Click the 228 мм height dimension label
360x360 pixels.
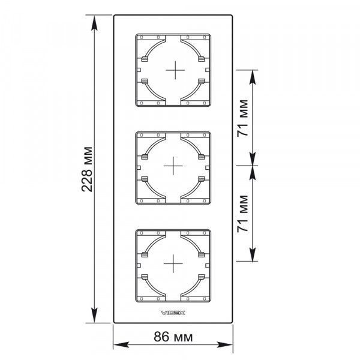(x=87, y=169)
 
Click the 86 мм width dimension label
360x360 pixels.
(x=173, y=337)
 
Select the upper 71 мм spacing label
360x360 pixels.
(x=242, y=118)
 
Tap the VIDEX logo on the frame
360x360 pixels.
(x=173, y=313)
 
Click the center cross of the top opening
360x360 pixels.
(x=175, y=70)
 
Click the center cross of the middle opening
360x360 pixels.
(x=173, y=166)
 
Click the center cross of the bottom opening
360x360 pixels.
(x=173, y=263)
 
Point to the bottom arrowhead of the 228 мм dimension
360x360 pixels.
(x=94, y=315)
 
